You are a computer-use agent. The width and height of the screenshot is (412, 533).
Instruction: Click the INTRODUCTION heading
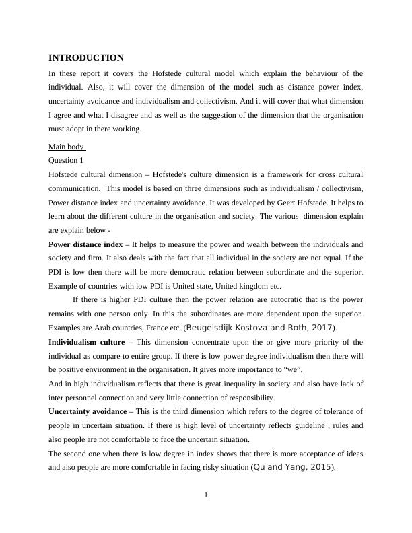(86, 58)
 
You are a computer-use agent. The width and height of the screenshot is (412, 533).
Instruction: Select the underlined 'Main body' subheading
(67, 147)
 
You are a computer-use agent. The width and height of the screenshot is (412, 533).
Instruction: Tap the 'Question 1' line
(66, 160)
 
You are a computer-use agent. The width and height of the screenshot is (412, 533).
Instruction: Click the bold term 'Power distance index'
(85, 244)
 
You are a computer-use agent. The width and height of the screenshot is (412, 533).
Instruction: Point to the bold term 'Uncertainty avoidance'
(88, 411)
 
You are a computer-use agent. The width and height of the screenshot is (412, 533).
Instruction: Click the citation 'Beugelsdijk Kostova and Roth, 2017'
(259, 328)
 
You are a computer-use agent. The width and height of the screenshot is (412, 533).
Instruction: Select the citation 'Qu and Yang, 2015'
(292, 467)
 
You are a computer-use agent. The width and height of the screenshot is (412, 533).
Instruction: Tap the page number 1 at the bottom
(206, 496)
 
